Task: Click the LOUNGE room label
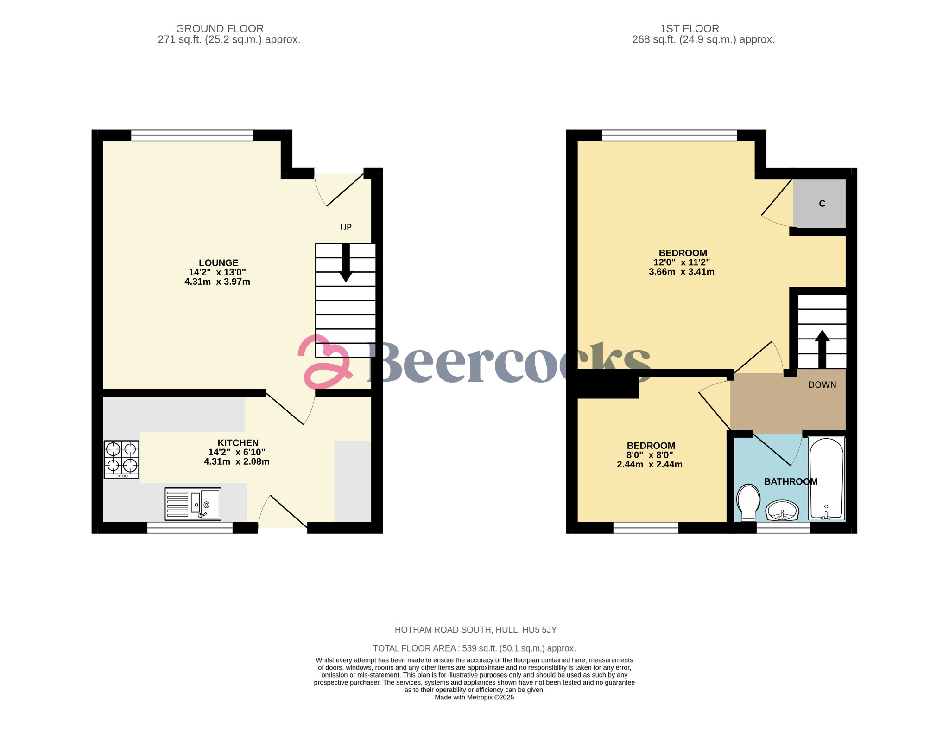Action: (218, 263)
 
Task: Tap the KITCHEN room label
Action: (238, 443)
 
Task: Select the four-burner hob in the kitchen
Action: (121, 459)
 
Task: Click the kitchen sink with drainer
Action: (193, 504)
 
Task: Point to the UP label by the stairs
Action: (346, 227)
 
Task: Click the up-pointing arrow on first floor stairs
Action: (822, 348)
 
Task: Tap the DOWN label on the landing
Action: (822, 385)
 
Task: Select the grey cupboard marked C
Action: (819, 204)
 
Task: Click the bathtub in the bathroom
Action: (826, 479)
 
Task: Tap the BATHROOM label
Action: (791, 481)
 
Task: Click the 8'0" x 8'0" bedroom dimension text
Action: (650, 455)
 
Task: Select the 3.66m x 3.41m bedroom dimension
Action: (681, 272)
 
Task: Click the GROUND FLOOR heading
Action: (220, 29)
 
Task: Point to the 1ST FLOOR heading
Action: (689, 29)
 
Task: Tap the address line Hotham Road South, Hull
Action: (475, 630)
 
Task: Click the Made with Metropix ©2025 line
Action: (474, 697)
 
